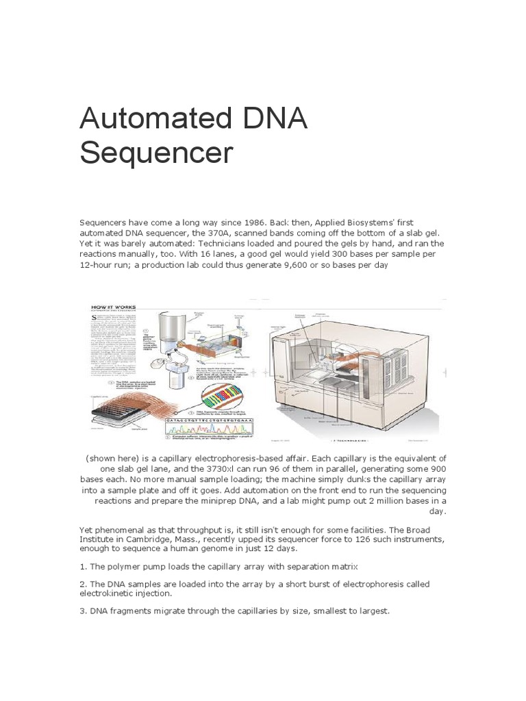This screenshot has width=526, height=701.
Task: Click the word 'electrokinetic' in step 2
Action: [114, 595]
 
